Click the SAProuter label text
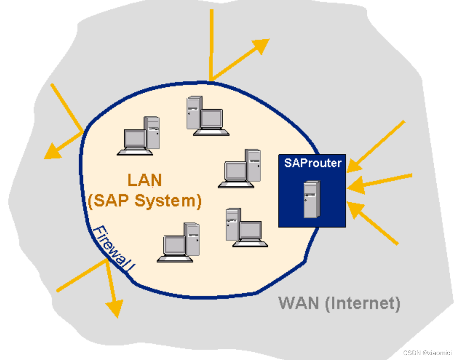pos(312,163)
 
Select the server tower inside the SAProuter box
pos(311,199)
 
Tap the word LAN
pos(145,180)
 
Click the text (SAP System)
pos(145,200)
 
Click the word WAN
pos(298,304)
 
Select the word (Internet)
pos(362,304)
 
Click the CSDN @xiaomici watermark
pos(427,353)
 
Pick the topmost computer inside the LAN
pos(204,115)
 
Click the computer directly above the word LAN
pos(139,136)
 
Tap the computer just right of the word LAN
pos(241,168)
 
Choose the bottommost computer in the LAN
pos(179,243)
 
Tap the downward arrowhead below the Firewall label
pos(115,308)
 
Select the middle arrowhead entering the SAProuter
pos(355,185)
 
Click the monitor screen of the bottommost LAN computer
pos(174,245)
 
